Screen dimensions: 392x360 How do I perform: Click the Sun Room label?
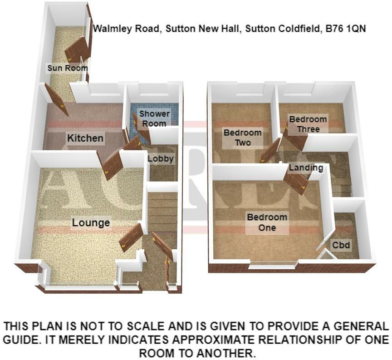point(68,68)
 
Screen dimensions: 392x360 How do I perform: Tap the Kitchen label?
point(85,138)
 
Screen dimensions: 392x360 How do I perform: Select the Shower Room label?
point(154,118)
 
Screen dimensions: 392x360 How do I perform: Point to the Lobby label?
point(161,158)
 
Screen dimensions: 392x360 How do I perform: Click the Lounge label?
point(91,222)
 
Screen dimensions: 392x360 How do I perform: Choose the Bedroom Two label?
point(242,138)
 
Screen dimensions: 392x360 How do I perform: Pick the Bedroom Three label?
point(308,124)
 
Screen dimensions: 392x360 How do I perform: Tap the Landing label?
point(306,168)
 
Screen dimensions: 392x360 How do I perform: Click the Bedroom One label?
point(267,222)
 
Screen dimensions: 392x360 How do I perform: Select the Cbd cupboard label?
point(341,245)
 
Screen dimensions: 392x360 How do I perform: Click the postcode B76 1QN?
point(346,29)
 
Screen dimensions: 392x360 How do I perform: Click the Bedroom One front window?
point(274,264)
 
